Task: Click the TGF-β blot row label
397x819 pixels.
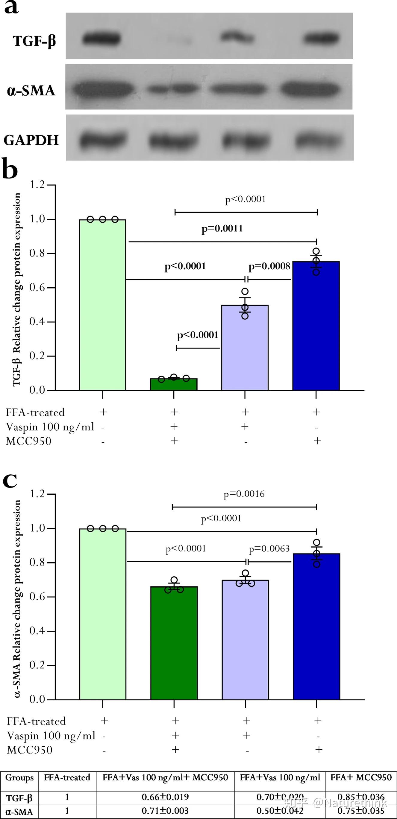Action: (x=34, y=41)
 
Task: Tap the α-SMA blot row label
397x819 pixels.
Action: (x=31, y=91)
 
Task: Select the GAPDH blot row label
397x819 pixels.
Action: (x=31, y=140)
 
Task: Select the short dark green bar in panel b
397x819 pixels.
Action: (x=174, y=384)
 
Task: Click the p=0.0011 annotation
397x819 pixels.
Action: (x=222, y=229)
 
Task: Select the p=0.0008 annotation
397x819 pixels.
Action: (x=269, y=266)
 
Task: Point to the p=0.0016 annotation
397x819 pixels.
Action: (x=244, y=494)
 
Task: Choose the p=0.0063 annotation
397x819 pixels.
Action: (x=269, y=549)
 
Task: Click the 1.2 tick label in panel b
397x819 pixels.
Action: (x=37, y=185)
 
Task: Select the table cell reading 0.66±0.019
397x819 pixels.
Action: (x=165, y=797)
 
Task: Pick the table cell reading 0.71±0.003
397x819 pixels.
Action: (x=165, y=810)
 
